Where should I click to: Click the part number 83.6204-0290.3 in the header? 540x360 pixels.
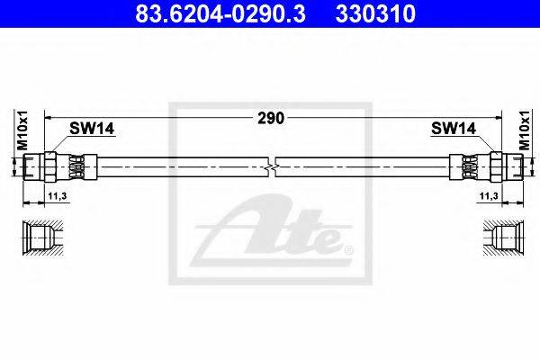click(x=220, y=13)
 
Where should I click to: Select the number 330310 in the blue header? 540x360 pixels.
click(x=375, y=13)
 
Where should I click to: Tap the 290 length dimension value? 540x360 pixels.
click(x=272, y=118)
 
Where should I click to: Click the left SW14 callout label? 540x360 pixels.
click(x=92, y=129)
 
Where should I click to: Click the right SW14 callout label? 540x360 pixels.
click(x=454, y=129)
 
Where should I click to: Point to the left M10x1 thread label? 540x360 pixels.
click(x=22, y=130)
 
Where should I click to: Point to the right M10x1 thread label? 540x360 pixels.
click(x=525, y=130)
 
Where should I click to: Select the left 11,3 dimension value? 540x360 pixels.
click(x=58, y=196)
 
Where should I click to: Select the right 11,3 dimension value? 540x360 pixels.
click(x=489, y=196)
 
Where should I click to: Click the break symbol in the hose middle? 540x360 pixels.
click(x=272, y=167)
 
